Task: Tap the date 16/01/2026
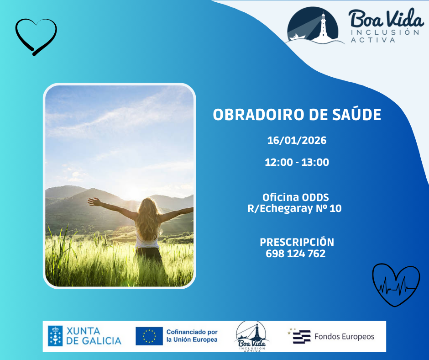[297, 140]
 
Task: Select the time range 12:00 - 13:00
[297, 162]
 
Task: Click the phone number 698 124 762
[296, 254]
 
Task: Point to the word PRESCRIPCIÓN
[297, 242]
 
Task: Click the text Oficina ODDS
[295, 197]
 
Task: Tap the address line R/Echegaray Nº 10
[294, 208]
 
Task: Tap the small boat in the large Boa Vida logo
[297, 37]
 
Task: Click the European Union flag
[149, 336]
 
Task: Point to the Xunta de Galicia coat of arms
[55, 336]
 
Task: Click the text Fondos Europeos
[344, 336]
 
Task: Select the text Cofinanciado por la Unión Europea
[192, 336]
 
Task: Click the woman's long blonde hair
[148, 219]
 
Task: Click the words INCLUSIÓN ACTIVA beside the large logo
[385, 36]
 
